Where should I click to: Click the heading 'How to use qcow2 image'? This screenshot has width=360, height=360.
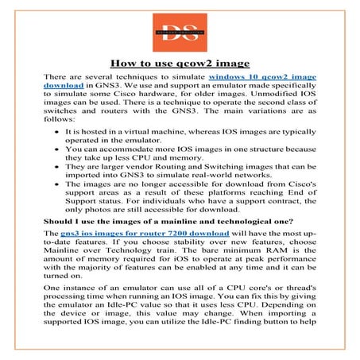click(x=180, y=63)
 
